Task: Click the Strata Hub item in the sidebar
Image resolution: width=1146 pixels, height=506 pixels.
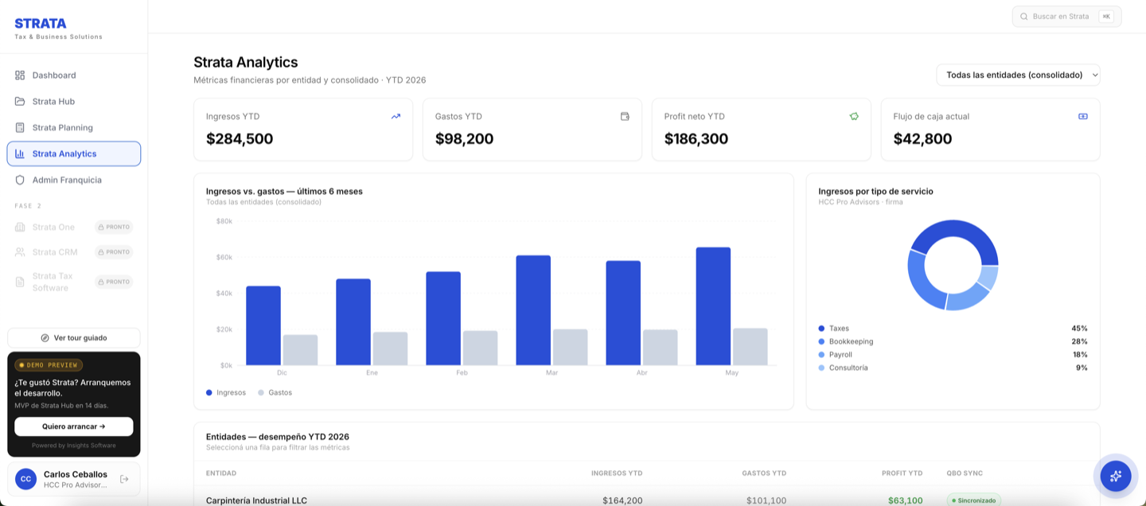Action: click(x=53, y=101)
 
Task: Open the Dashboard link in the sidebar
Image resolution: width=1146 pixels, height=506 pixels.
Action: click(x=54, y=76)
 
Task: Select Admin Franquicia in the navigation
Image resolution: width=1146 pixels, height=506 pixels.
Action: click(x=67, y=180)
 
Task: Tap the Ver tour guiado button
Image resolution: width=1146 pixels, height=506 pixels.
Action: click(x=74, y=337)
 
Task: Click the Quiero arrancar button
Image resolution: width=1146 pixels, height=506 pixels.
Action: click(x=74, y=426)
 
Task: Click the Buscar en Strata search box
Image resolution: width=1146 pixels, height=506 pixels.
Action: click(x=1066, y=17)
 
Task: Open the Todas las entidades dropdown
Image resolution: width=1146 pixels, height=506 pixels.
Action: click(x=1018, y=75)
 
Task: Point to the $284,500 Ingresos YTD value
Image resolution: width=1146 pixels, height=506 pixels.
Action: click(x=240, y=138)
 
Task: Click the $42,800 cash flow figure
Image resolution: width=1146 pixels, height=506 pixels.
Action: click(x=922, y=138)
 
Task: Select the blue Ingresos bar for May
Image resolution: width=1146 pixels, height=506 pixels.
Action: click(x=713, y=306)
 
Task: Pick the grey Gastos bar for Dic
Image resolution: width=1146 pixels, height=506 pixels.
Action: click(x=300, y=350)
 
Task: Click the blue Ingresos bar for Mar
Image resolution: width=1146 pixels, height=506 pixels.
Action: click(x=533, y=310)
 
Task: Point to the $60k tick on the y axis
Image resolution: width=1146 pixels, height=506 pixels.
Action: click(x=224, y=257)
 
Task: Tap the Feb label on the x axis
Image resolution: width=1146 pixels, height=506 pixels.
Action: click(x=462, y=372)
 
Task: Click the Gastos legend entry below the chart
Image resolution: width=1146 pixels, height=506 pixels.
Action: click(x=275, y=392)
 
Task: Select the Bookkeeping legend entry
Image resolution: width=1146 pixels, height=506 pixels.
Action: click(x=846, y=341)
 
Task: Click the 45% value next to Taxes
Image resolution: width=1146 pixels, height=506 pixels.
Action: click(x=1079, y=329)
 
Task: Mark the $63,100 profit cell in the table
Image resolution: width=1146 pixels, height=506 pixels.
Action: click(x=905, y=500)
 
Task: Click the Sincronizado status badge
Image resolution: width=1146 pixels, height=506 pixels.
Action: click(x=973, y=500)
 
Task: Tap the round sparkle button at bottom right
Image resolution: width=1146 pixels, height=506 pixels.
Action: click(x=1116, y=477)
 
